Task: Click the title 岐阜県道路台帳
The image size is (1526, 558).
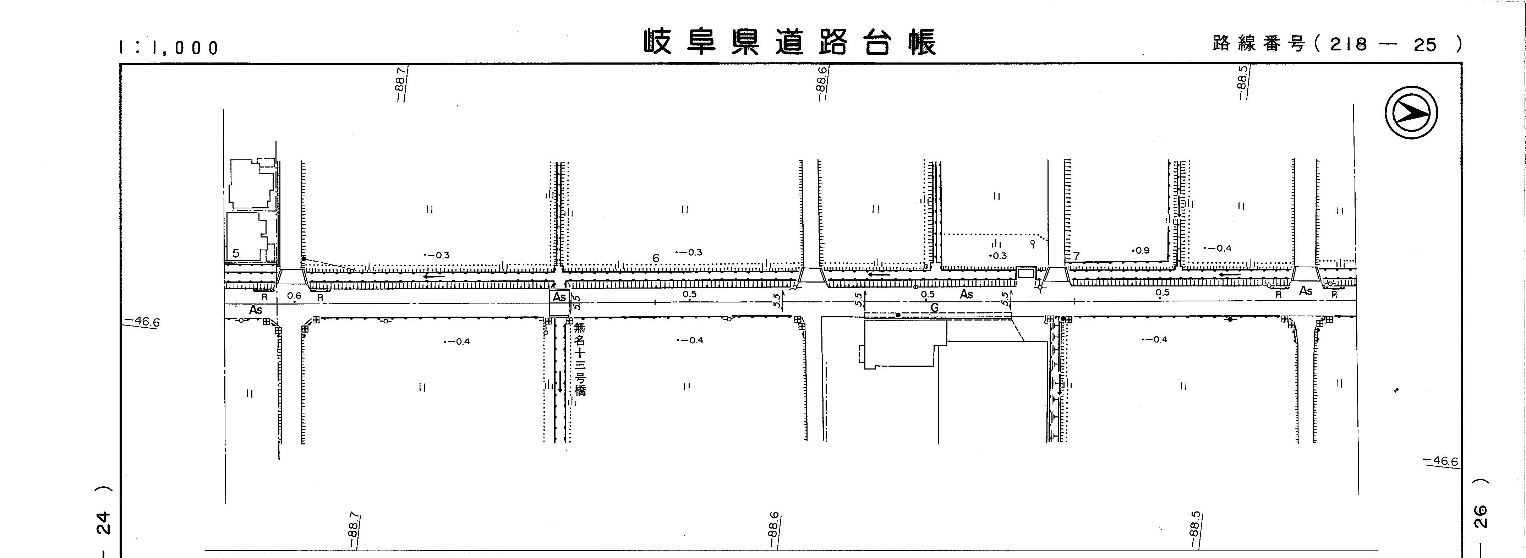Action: (790, 43)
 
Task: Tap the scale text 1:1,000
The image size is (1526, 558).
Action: (169, 48)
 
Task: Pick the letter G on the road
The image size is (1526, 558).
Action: (934, 308)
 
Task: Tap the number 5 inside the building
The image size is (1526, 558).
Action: (236, 253)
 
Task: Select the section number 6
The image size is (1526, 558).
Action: (655, 258)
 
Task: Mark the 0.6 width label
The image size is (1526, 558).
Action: (294, 296)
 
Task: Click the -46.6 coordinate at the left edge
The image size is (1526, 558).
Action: (142, 322)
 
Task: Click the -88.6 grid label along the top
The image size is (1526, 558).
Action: (822, 83)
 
